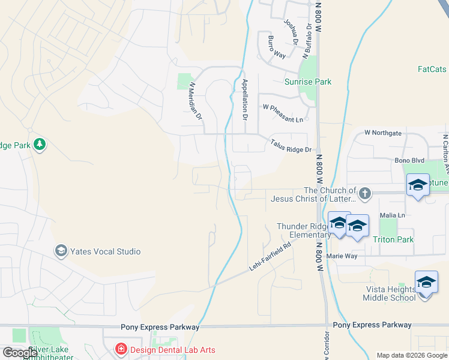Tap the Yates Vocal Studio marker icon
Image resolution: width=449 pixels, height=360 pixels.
[61, 251]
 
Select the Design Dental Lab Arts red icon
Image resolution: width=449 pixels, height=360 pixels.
[121, 349]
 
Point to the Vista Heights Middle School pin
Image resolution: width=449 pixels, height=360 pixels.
[426, 283]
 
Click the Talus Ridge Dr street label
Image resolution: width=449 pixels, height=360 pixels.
[291, 146]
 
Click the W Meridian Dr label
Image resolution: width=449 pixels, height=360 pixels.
[194, 102]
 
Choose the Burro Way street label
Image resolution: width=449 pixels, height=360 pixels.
[272, 55]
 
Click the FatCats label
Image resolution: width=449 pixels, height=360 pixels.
[432, 69]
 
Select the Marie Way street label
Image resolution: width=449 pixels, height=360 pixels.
[342, 256]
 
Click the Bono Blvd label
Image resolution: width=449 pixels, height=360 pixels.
[409, 161]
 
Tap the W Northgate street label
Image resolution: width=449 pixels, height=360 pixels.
[382, 133]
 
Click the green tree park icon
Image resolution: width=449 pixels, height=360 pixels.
[40, 145]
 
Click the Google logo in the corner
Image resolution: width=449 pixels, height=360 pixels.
[20, 353]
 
